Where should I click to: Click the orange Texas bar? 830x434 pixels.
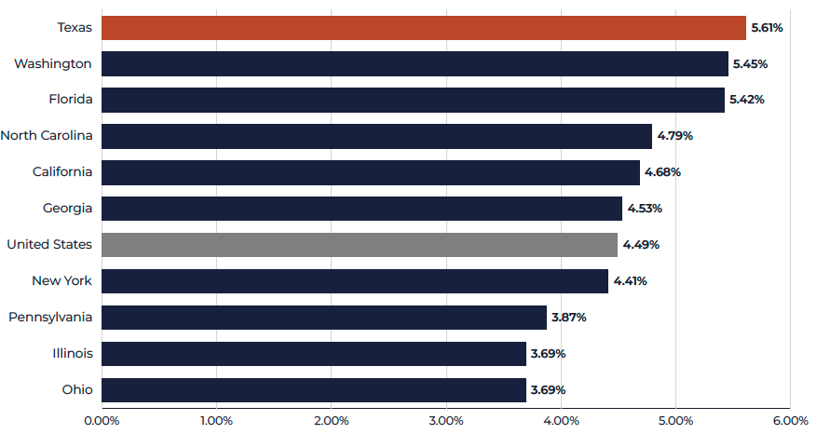pyautogui.click(x=424, y=28)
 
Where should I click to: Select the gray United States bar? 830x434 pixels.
pyautogui.click(x=360, y=245)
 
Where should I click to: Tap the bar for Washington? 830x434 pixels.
pyautogui.click(x=415, y=63)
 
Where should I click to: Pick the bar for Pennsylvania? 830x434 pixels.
pyautogui.click(x=324, y=317)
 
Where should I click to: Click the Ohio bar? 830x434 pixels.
pyautogui.click(x=314, y=389)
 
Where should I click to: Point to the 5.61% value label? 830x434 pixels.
pyautogui.click(x=767, y=28)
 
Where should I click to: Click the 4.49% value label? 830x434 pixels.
pyautogui.click(x=641, y=245)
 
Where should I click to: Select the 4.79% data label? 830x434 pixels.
pyautogui.click(x=675, y=136)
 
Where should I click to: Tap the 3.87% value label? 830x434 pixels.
pyautogui.click(x=569, y=317)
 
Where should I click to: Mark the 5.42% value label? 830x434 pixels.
pyautogui.click(x=747, y=100)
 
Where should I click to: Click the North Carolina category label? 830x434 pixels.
pyautogui.click(x=47, y=135)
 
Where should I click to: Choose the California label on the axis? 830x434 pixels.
pyautogui.click(x=62, y=171)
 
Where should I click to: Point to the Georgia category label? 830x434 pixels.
pyautogui.click(x=68, y=209)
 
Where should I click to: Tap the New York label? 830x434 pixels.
pyautogui.click(x=61, y=280)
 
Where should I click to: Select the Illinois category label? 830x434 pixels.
pyautogui.click(x=73, y=353)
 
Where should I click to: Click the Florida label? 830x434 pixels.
pyautogui.click(x=71, y=99)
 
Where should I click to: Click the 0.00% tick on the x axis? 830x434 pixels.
pyautogui.click(x=102, y=421)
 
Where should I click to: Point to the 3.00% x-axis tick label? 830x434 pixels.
pyautogui.click(x=446, y=421)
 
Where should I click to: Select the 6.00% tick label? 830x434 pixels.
pyautogui.click(x=790, y=421)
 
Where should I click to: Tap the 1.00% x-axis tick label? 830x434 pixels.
pyautogui.click(x=216, y=421)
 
